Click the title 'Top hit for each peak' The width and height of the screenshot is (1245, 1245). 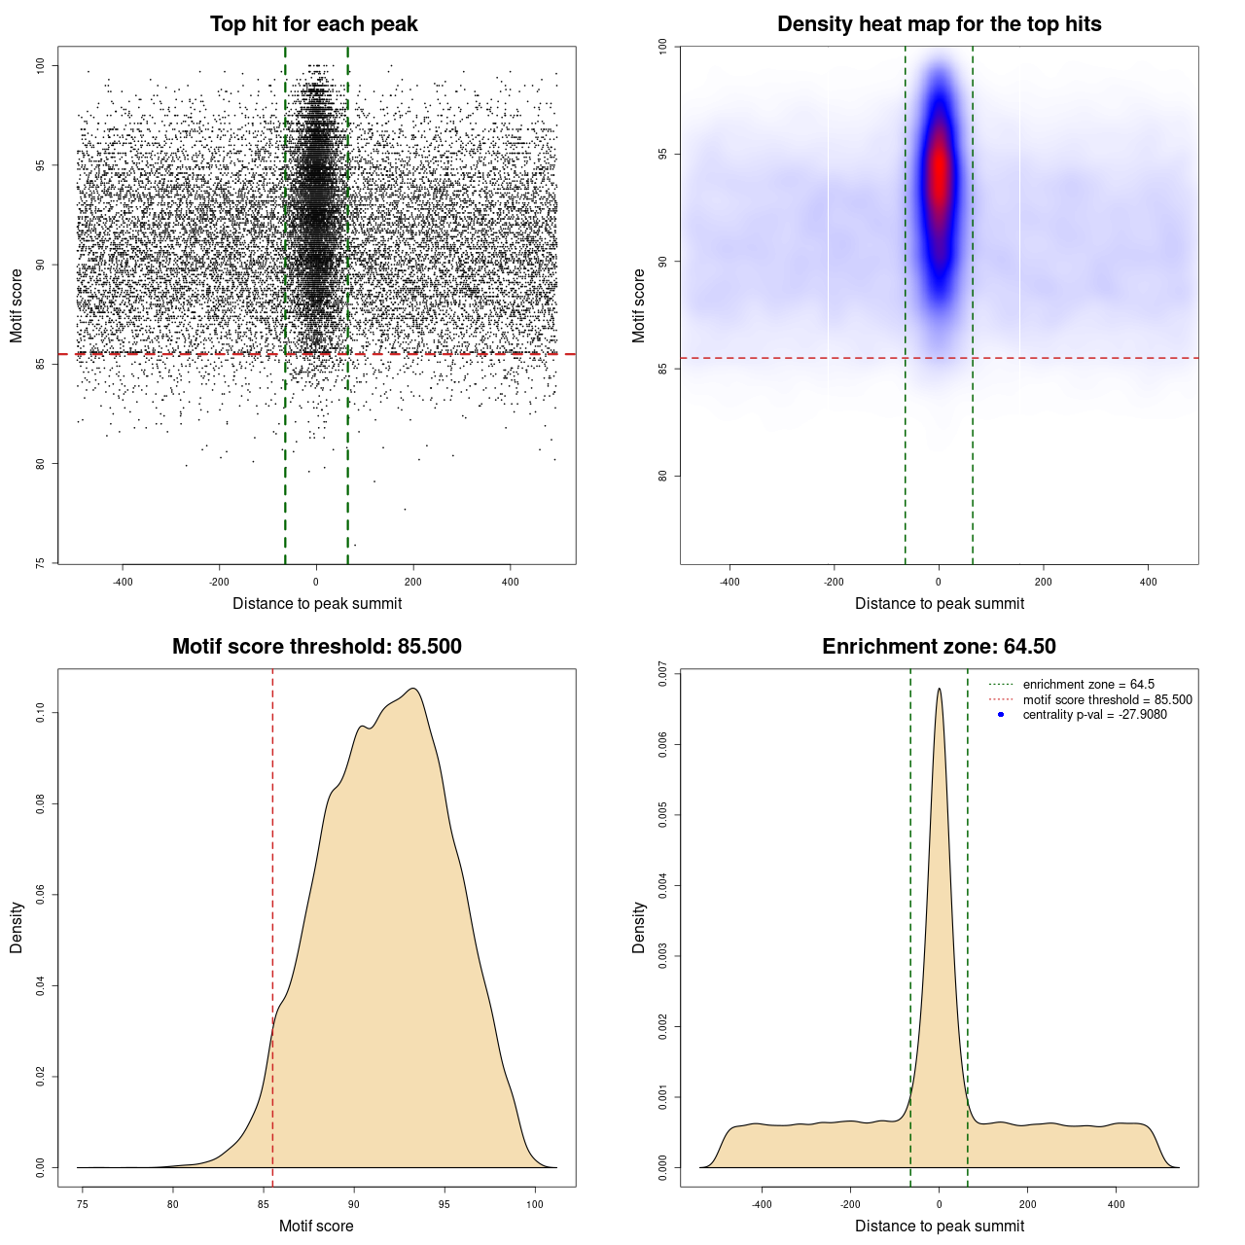[314, 24]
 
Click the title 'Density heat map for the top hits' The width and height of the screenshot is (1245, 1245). [939, 24]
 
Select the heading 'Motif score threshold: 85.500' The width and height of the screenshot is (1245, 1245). [316, 647]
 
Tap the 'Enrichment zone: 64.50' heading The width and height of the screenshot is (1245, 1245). [939, 647]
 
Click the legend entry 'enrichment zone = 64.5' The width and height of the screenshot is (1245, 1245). [1088, 685]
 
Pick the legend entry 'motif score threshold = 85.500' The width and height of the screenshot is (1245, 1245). [1107, 699]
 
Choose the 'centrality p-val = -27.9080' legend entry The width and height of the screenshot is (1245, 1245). [1094, 715]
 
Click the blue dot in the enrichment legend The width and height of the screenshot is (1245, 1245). [1001, 715]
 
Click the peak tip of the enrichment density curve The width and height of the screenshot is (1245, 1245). [939, 690]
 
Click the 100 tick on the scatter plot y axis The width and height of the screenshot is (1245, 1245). [41, 65]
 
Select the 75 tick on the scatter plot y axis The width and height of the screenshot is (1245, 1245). [41, 562]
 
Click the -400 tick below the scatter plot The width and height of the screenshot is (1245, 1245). [123, 582]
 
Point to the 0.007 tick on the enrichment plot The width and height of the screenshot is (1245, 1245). [663, 674]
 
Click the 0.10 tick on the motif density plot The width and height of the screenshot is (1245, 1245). [41, 713]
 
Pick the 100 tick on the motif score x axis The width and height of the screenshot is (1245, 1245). [535, 1204]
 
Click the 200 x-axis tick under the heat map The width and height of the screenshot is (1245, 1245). [1044, 582]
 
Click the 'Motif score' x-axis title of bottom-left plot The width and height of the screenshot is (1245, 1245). [316, 1226]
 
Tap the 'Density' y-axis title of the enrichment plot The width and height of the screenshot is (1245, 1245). [639, 927]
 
